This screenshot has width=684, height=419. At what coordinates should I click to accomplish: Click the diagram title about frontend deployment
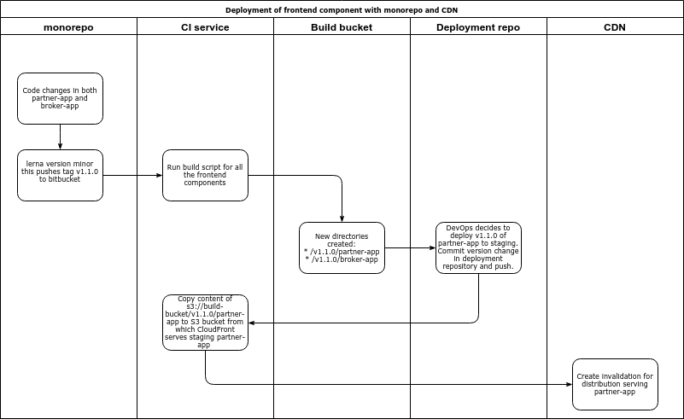[342, 10]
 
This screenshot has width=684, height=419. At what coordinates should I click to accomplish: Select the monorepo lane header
[68, 27]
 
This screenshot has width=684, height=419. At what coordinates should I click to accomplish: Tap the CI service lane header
[205, 27]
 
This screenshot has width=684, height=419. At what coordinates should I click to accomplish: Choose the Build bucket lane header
[342, 27]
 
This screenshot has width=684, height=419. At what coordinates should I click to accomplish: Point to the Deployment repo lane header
[478, 27]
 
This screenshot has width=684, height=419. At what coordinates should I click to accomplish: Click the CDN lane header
[615, 27]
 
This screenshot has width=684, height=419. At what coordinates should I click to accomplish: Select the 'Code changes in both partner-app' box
[60, 98]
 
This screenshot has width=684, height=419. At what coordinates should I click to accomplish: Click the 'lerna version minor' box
[60, 175]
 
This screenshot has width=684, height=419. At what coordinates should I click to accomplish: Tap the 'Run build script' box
[205, 175]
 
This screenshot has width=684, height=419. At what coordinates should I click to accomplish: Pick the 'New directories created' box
[342, 247]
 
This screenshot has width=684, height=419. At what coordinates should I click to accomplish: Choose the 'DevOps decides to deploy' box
[478, 247]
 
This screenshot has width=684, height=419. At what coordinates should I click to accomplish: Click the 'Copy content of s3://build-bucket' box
[205, 322]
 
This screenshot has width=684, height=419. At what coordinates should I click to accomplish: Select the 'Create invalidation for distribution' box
[615, 384]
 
